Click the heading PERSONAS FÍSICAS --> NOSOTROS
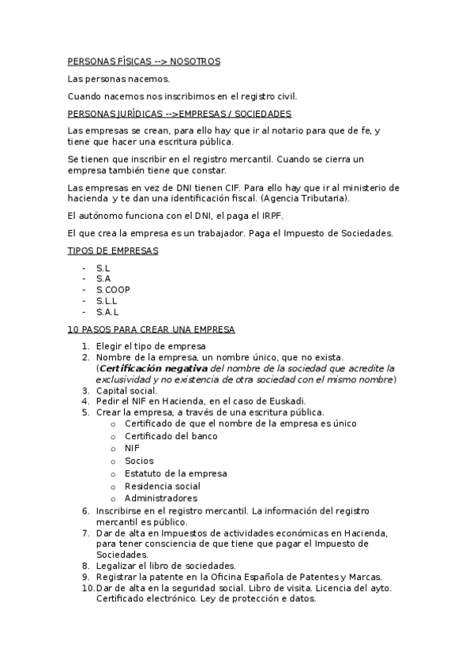(x=144, y=61)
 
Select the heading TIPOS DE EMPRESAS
(x=113, y=251)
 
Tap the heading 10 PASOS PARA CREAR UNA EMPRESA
(x=152, y=329)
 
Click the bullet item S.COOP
(x=113, y=290)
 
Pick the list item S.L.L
(x=107, y=301)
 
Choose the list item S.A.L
(x=107, y=312)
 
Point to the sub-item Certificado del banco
(x=171, y=436)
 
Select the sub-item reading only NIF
(x=132, y=448)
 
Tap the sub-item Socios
(x=139, y=461)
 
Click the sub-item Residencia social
(x=162, y=486)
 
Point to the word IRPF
(x=270, y=216)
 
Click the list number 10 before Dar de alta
(x=88, y=588)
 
